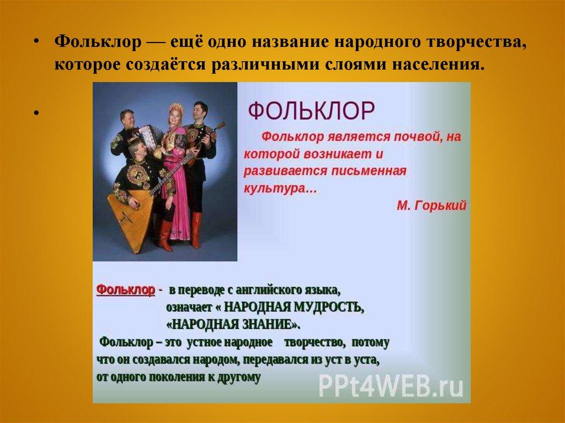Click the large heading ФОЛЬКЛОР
(x=312, y=111)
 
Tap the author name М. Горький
(x=431, y=205)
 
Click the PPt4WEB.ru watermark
(x=391, y=386)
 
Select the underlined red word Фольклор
(x=126, y=290)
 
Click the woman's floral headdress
(x=176, y=107)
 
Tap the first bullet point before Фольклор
(x=36, y=42)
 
